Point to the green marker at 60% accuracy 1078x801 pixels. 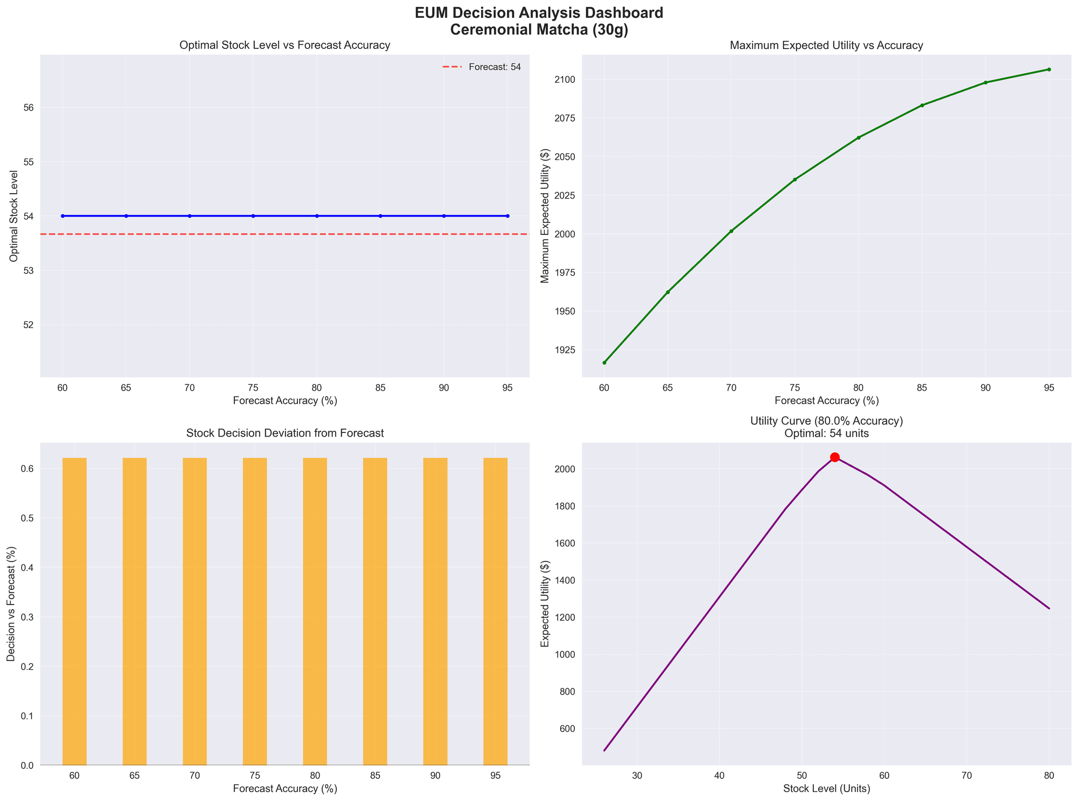604,362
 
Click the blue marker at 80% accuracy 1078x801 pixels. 316,216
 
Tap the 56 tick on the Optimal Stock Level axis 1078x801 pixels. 29,107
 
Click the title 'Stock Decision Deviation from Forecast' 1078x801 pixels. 285,433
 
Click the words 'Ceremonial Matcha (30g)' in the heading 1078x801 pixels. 538,29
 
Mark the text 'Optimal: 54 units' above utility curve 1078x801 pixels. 826,433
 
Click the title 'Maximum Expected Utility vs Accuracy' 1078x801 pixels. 826,45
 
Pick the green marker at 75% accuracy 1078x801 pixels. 795,180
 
